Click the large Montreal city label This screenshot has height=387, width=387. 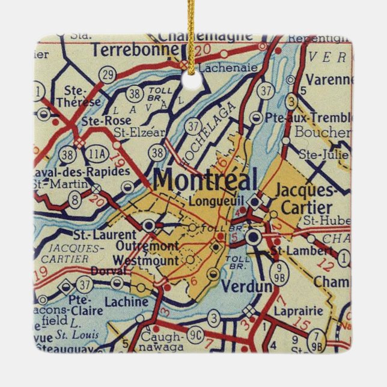205,180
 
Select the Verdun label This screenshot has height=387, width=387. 246,287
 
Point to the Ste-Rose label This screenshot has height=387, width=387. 106,120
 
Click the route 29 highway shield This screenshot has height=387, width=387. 108,75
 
